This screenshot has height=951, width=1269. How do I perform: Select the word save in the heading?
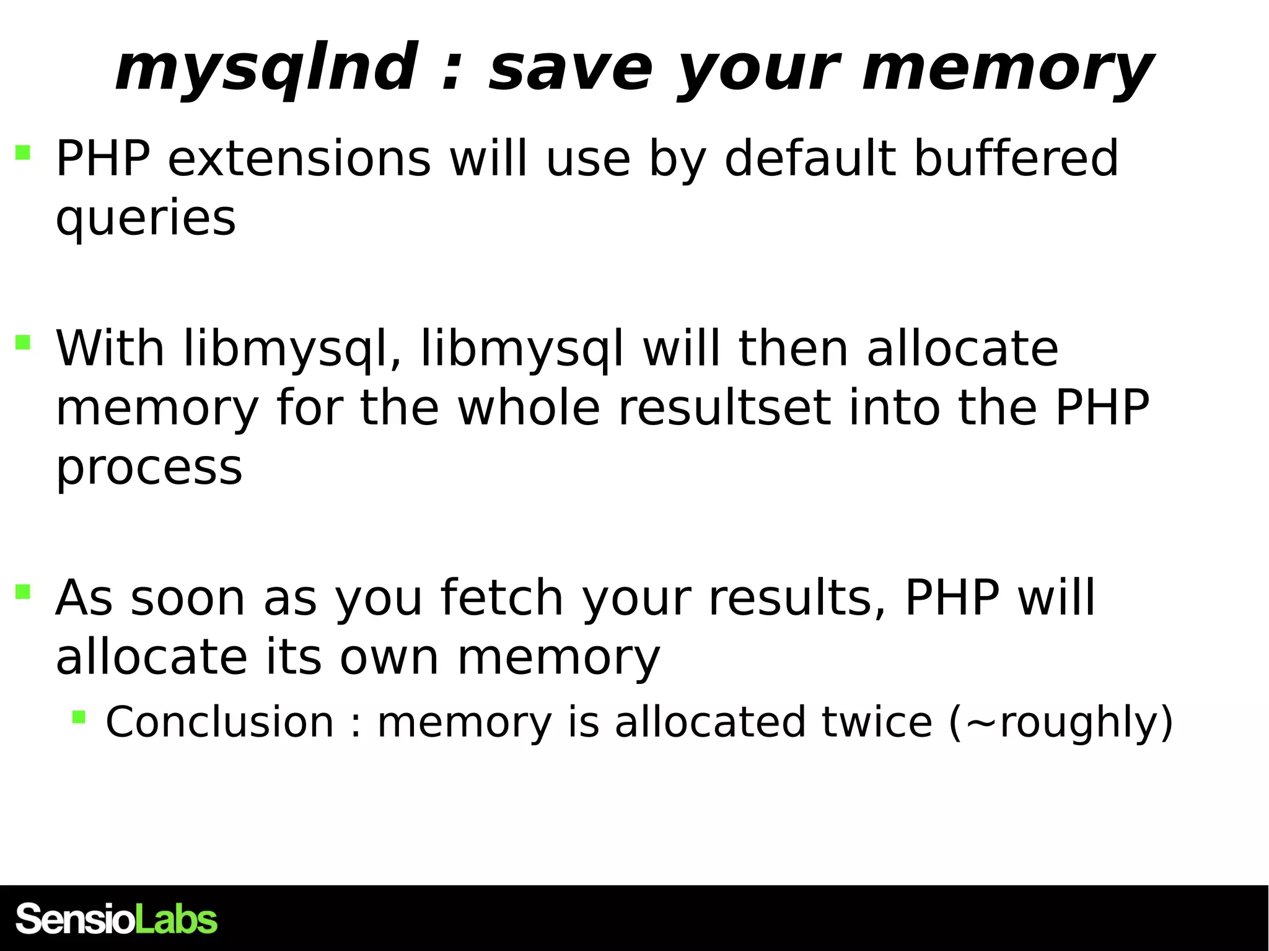(x=570, y=68)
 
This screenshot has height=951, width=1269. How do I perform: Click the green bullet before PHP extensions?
(x=23, y=152)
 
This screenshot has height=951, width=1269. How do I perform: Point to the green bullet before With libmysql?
(x=23, y=343)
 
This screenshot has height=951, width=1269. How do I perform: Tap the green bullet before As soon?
(x=23, y=592)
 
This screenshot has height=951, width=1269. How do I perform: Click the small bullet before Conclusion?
(x=79, y=717)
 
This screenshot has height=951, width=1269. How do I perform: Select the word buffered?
(x=1016, y=158)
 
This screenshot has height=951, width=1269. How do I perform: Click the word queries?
(x=146, y=218)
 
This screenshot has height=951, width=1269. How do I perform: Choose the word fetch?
(x=501, y=597)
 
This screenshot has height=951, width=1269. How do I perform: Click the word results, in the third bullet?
(x=797, y=597)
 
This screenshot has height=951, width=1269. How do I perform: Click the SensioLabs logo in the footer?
(x=116, y=919)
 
